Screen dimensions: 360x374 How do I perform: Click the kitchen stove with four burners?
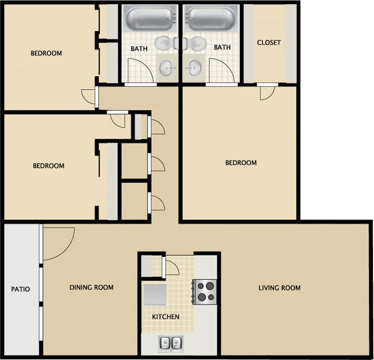(205, 291)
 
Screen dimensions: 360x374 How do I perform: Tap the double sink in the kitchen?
(170, 344)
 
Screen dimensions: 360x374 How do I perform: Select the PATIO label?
(21, 289)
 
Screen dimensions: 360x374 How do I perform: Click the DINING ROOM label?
(91, 287)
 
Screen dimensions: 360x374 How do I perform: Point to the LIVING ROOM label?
(279, 288)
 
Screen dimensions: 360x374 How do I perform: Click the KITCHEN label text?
(166, 317)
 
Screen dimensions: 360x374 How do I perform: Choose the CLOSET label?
(269, 43)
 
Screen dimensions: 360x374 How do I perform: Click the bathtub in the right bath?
(212, 19)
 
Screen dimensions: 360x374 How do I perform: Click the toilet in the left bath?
(164, 44)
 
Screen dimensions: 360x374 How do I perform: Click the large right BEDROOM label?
(240, 163)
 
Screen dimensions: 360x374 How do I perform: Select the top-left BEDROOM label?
(46, 53)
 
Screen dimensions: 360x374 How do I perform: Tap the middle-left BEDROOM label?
(48, 166)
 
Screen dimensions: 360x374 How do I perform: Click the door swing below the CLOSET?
(267, 92)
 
